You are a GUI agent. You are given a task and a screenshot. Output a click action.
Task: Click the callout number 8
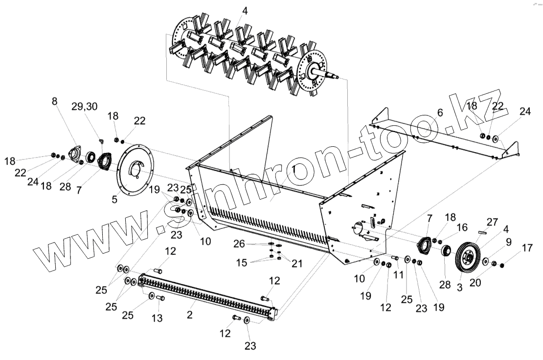click(x=54, y=102)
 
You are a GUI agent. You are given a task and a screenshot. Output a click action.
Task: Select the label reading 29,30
click(x=84, y=106)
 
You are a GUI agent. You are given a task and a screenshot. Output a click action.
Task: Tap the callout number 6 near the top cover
click(x=440, y=112)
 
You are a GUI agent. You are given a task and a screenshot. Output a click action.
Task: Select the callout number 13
click(x=157, y=318)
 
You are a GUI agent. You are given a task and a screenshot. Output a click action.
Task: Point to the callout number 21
click(x=296, y=264)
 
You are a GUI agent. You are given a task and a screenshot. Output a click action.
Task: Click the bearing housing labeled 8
click(x=75, y=153)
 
